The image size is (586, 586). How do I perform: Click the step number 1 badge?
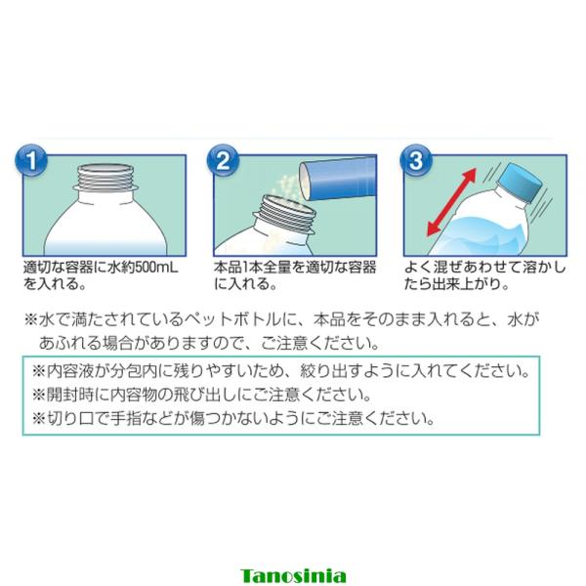pos(31,161)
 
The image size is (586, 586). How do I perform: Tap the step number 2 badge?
pos(223,161)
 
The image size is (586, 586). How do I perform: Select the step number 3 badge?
pos(416,161)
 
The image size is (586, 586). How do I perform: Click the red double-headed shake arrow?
pos(451,202)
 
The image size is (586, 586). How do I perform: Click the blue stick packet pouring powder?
pos(338,178)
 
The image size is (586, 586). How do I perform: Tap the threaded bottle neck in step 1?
pos(105,179)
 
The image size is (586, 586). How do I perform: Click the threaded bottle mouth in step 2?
pos(285,214)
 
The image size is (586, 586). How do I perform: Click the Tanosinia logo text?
pos(293,576)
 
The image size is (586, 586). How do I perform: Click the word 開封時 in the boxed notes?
pos(70,395)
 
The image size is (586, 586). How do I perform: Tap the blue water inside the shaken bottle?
pos(485,235)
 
